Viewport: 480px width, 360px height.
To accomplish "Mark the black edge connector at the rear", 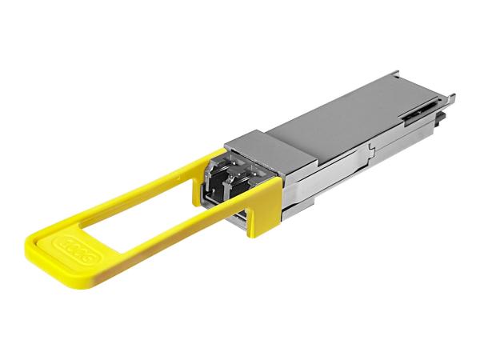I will coord(440,124).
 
